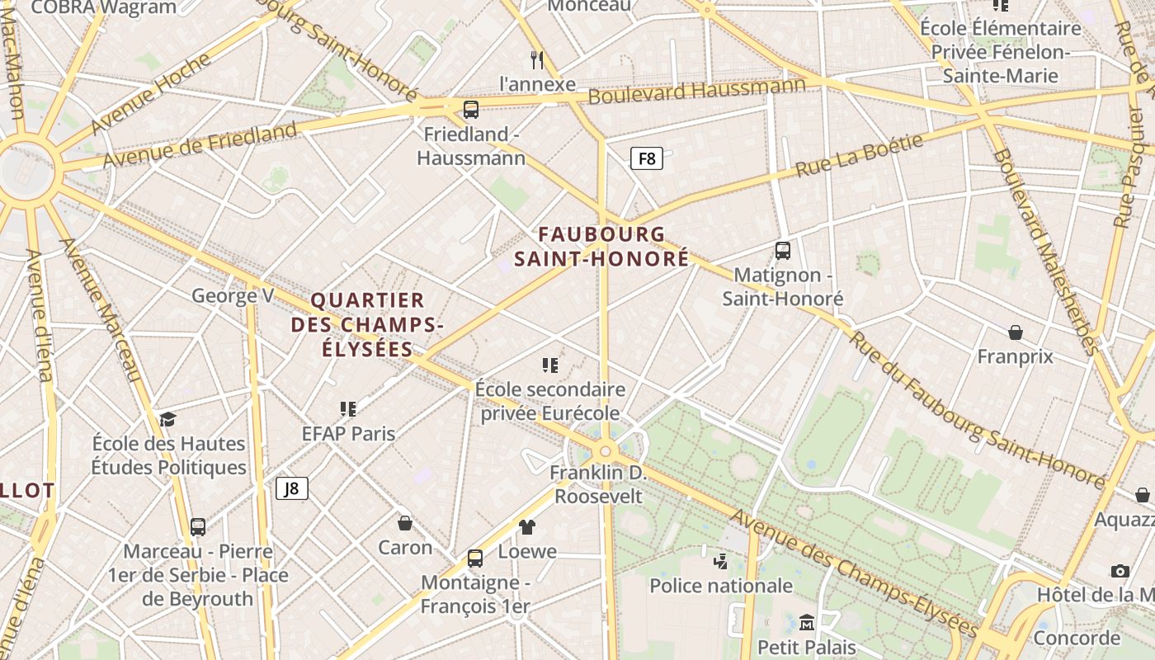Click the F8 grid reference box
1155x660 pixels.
647,158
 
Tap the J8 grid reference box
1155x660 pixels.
291,488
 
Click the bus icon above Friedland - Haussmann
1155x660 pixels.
471,109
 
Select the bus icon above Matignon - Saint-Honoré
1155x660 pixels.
782,251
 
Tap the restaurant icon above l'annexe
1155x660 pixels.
537,59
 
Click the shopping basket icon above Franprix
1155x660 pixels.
1015,332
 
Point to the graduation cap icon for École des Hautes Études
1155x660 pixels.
168,419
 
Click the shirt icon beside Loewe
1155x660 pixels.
527,527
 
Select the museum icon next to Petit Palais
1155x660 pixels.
807,622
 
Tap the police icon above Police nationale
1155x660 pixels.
720,562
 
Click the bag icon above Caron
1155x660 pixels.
405,523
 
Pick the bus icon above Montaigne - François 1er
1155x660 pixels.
474,559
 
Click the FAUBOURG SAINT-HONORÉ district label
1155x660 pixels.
601,247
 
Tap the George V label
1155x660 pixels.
233,295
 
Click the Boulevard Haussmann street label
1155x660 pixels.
696,90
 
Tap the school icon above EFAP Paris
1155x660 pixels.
348,409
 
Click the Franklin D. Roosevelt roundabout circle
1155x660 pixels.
606,451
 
